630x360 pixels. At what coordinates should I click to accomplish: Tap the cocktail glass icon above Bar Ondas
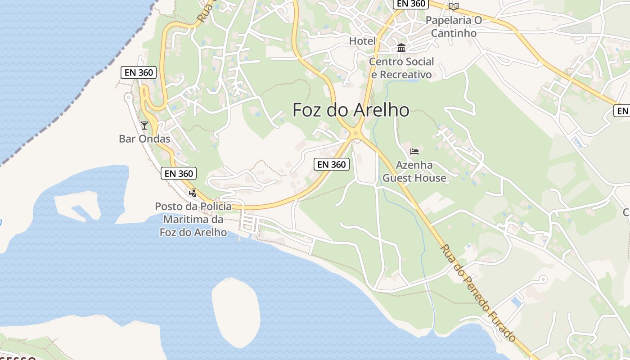click(x=144, y=125)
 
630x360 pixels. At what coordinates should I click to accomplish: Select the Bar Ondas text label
click(x=144, y=139)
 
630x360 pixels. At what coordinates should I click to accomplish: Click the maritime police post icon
click(x=193, y=193)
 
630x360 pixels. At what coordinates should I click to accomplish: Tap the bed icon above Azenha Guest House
click(x=414, y=151)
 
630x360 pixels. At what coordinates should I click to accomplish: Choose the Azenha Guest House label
click(x=414, y=171)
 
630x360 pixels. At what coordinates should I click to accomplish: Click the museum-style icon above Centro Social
click(x=401, y=48)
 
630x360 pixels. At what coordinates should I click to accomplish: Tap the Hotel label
click(x=362, y=41)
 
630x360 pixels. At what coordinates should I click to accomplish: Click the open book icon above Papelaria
click(x=454, y=6)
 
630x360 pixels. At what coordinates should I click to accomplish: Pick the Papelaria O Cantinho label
click(x=454, y=27)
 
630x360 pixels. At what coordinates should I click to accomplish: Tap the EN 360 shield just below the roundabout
click(x=332, y=164)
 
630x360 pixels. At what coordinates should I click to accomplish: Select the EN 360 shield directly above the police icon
click(x=179, y=173)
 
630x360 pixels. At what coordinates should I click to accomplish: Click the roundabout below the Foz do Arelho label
click(x=356, y=133)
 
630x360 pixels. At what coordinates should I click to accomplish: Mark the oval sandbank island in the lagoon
click(x=236, y=312)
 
